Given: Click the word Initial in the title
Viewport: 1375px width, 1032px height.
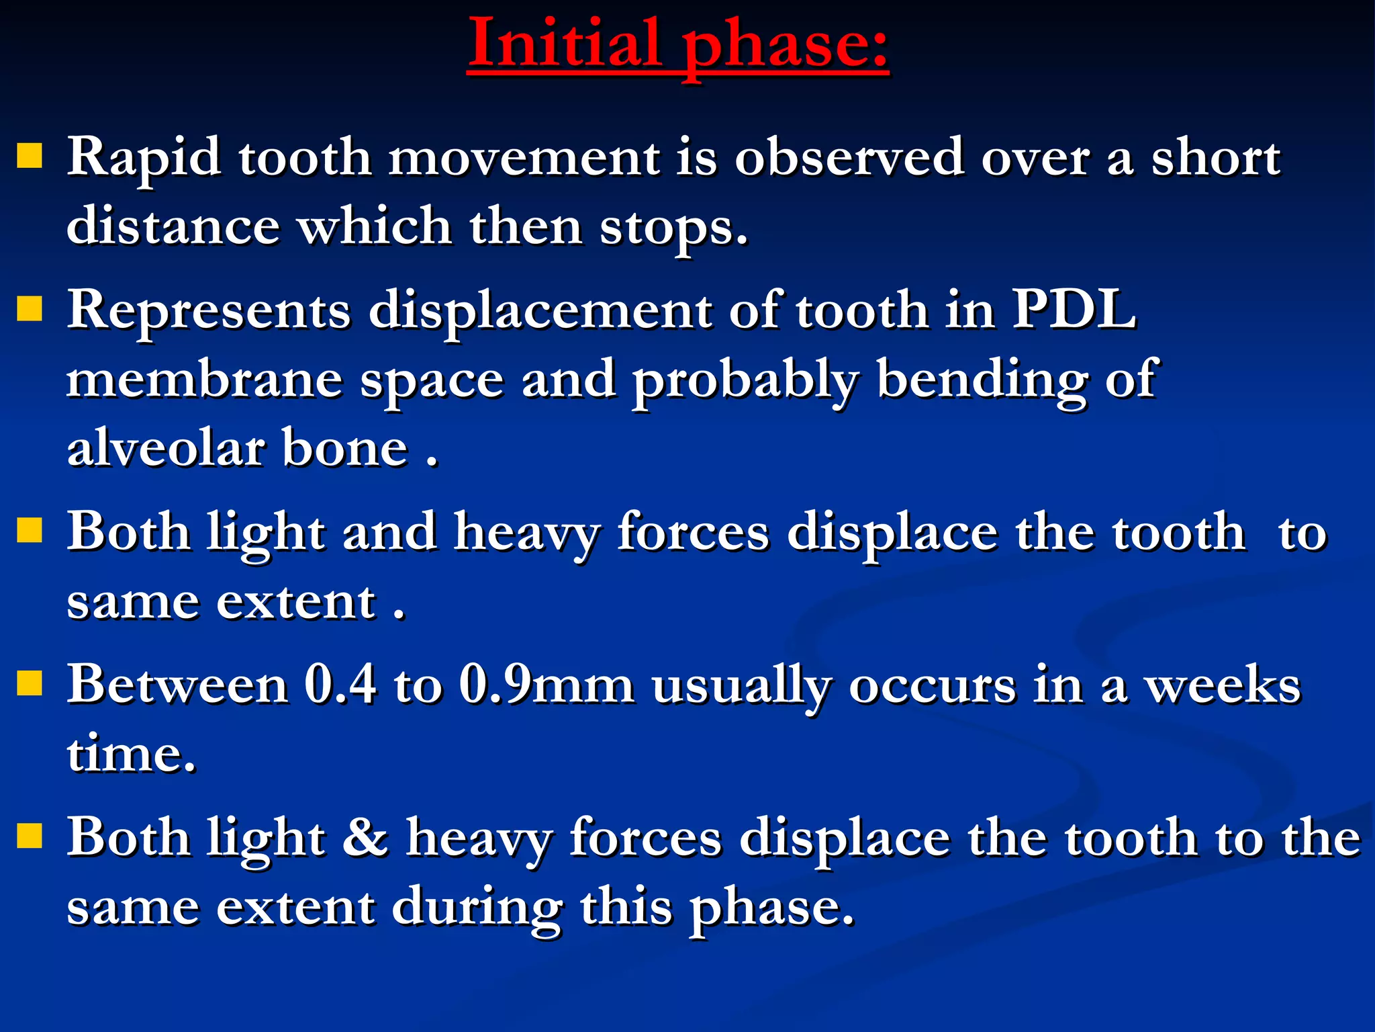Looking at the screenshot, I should [564, 43].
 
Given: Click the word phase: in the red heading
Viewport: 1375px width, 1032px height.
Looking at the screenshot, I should [786, 46].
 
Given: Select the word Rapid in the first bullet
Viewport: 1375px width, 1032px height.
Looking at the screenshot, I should [144, 159].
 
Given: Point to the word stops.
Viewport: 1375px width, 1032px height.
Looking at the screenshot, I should [673, 228].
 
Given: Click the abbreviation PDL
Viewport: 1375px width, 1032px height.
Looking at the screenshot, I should [1074, 310].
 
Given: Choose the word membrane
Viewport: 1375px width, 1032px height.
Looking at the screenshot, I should [205, 379].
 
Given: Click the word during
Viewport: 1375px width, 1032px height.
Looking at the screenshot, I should [477, 908].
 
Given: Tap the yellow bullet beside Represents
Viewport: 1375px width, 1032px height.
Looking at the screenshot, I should [30, 310].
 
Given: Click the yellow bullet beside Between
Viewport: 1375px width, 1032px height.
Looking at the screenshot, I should [30, 683].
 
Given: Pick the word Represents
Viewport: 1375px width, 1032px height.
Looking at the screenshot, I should [209, 311].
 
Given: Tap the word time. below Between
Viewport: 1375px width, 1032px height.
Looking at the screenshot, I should [132, 755].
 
